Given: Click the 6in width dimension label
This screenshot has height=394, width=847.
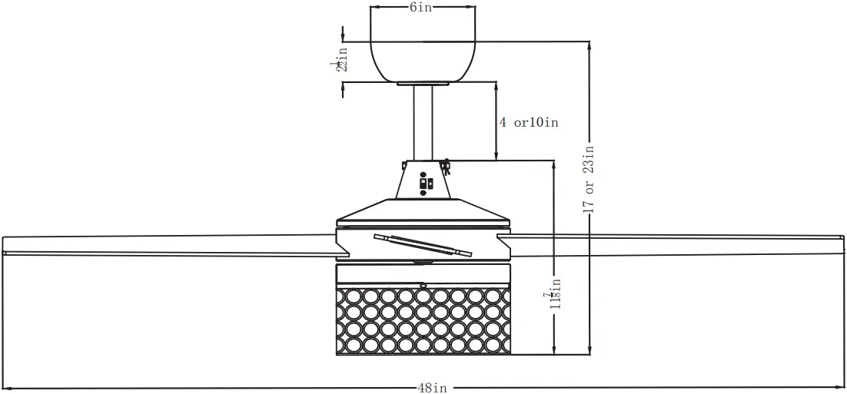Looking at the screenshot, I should click(420, 7).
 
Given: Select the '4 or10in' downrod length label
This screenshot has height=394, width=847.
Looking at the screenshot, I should click(528, 122).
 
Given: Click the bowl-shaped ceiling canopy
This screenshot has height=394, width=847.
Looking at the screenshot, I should click(422, 54).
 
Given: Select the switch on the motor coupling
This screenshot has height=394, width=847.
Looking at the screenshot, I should click(425, 184).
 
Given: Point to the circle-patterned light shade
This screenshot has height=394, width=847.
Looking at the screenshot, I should click(423, 321).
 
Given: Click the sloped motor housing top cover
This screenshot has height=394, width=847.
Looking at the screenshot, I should click(422, 210).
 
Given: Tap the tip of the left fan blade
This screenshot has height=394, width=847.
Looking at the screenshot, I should click(6, 245).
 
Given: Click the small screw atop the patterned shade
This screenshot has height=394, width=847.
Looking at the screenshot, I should click(423, 285).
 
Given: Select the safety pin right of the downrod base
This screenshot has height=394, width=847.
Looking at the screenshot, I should click(447, 164).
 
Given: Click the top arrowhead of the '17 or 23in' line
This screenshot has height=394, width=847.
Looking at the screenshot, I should click(589, 45).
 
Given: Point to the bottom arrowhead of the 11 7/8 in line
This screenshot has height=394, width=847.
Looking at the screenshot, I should click(553, 351).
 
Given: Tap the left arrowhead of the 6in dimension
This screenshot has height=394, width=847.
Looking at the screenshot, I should click(374, 7).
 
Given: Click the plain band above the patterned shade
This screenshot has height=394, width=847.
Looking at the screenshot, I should click(423, 273).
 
